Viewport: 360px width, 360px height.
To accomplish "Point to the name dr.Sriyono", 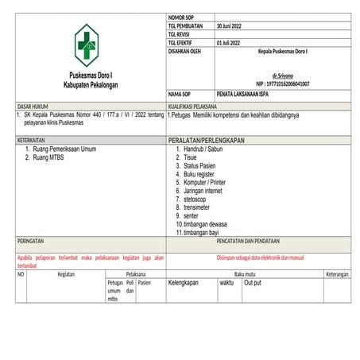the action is tap(284, 75).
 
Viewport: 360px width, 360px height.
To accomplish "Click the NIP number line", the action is tap(283, 83).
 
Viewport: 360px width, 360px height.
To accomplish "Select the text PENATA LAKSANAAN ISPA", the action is tap(246, 94).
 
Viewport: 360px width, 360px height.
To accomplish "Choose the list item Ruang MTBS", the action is tap(48, 157).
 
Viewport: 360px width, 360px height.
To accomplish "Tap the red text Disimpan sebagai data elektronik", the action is tap(261, 257).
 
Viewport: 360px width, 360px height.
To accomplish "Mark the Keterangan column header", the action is tap(337, 274).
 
